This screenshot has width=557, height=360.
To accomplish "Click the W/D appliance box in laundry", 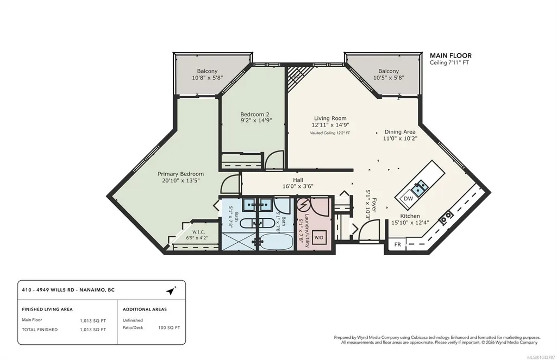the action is point(318,237).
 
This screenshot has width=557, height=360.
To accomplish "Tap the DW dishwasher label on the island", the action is point(409,199).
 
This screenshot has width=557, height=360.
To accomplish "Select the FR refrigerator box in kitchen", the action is point(397,244).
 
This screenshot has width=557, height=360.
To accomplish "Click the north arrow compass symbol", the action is point(171,290).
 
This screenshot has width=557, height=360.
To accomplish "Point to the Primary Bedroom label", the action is point(181,174).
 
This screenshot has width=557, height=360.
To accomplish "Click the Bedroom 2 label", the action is point(255,115).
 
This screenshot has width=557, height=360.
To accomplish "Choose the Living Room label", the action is point(330,118).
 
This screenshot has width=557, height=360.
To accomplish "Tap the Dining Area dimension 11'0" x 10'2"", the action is point(400,138).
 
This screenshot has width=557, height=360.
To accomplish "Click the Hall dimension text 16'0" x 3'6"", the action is point(298,186).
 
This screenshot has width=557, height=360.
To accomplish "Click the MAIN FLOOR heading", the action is point(450,55).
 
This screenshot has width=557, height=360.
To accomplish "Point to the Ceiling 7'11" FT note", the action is point(449,63).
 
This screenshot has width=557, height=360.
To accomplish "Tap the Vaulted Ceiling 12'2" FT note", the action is point(330,133).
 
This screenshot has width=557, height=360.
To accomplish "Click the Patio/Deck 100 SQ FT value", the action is point(169,328).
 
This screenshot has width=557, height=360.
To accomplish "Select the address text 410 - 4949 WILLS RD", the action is point(48,290).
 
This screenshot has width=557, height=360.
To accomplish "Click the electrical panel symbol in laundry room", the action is point(303,205).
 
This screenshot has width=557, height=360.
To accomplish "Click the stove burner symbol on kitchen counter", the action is point(446,217).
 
